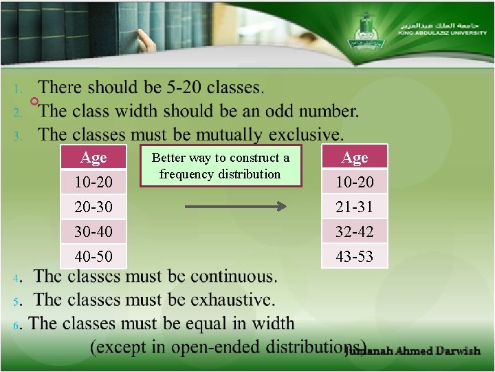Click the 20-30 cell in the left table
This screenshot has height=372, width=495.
93,207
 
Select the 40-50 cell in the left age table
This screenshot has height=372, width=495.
93,256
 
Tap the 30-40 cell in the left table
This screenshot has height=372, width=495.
93,231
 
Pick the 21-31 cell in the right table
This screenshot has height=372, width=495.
355,207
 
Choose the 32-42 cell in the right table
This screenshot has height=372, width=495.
355,231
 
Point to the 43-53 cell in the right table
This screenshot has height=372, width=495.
355,256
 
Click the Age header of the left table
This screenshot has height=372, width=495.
93,158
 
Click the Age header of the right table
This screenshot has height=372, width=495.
355,158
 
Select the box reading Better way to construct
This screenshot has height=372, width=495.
220,166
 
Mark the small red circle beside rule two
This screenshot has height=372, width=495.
34,102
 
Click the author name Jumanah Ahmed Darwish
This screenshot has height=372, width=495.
412,351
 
